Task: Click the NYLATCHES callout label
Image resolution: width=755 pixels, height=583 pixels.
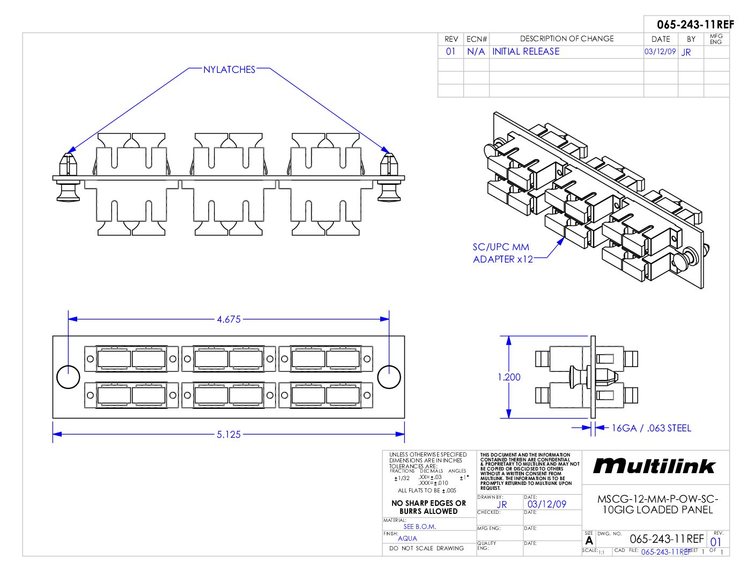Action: [x=229, y=70]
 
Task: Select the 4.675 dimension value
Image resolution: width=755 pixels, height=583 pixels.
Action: [x=229, y=319]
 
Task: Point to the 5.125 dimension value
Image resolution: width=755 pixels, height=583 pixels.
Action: [x=229, y=435]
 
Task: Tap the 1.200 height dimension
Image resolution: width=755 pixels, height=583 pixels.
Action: [x=509, y=377]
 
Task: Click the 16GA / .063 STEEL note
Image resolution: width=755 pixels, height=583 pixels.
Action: [x=651, y=428]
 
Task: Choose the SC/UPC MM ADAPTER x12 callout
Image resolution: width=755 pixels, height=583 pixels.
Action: [x=502, y=253]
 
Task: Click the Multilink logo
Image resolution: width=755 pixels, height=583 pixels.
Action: [x=654, y=466]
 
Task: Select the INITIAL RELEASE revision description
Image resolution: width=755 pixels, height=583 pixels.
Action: [x=525, y=51]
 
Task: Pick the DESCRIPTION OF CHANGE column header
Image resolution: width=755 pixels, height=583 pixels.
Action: [x=566, y=39]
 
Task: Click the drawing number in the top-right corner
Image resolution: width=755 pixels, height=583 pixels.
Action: [x=695, y=25]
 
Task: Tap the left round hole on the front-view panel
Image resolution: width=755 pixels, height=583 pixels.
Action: [x=68, y=377]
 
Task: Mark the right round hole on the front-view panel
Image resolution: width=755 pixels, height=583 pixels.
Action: [x=389, y=377]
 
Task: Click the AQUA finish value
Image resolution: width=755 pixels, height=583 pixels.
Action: [x=408, y=538]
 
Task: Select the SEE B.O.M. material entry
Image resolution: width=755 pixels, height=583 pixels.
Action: [x=420, y=526]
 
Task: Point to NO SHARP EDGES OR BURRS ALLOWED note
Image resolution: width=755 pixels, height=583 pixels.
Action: [x=428, y=507]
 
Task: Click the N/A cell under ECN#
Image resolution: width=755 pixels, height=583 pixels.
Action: [x=476, y=51]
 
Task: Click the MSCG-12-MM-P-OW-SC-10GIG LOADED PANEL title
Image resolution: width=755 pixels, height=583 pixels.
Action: [x=657, y=504]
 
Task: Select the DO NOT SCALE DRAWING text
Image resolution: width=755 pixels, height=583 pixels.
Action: [x=426, y=548]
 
